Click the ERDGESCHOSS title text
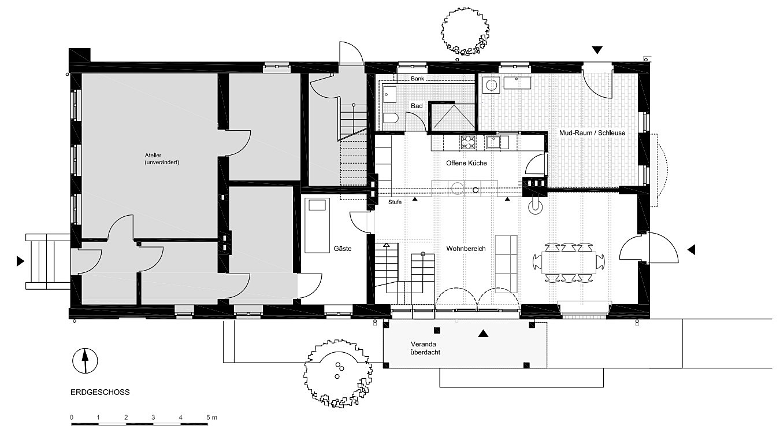tap(100, 392)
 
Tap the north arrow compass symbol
tap(85, 361)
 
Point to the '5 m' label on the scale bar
tap(211, 417)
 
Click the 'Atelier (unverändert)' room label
tap(162, 159)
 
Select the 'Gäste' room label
tap(342, 249)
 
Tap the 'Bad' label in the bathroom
tap(417, 106)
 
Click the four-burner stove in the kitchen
tap(467, 142)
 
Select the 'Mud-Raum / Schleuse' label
tap(592, 133)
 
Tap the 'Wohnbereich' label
tap(465, 249)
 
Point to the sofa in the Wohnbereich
tap(506, 263)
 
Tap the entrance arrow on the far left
tap(21, 261)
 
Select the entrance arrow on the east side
tap(691, 250)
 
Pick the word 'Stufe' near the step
tap(395, 202)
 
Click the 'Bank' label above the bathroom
tap(418, 79)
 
